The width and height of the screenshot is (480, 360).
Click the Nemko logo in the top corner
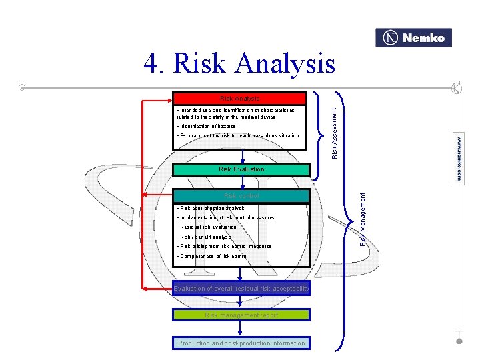click(413, 38)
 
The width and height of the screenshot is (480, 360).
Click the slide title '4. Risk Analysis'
click(239, 64)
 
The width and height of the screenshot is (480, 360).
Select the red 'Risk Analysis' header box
click(239, 99)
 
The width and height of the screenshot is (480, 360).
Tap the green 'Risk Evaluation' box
click(241, 169)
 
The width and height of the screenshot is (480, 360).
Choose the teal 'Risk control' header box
click(241, 196)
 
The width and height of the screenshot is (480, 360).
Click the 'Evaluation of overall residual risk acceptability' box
click(241, 289)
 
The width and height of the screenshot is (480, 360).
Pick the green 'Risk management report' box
click(241, 315)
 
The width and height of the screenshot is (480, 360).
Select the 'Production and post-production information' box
click(241, 343)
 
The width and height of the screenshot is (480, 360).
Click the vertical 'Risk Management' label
click(363, 218)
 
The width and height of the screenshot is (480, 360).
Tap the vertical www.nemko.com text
click(459, 159)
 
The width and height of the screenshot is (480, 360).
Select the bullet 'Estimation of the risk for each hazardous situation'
click(237, 136)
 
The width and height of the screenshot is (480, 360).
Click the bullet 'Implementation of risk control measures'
click(225, 218)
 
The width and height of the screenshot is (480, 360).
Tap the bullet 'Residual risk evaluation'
click(207, 227)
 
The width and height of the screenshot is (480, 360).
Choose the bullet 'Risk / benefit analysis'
click(204, 237)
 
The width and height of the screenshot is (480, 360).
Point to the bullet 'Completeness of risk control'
click(212, 256)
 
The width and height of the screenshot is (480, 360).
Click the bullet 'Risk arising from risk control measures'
click(224, 247)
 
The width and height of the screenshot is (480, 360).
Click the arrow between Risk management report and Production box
click(241, 329)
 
